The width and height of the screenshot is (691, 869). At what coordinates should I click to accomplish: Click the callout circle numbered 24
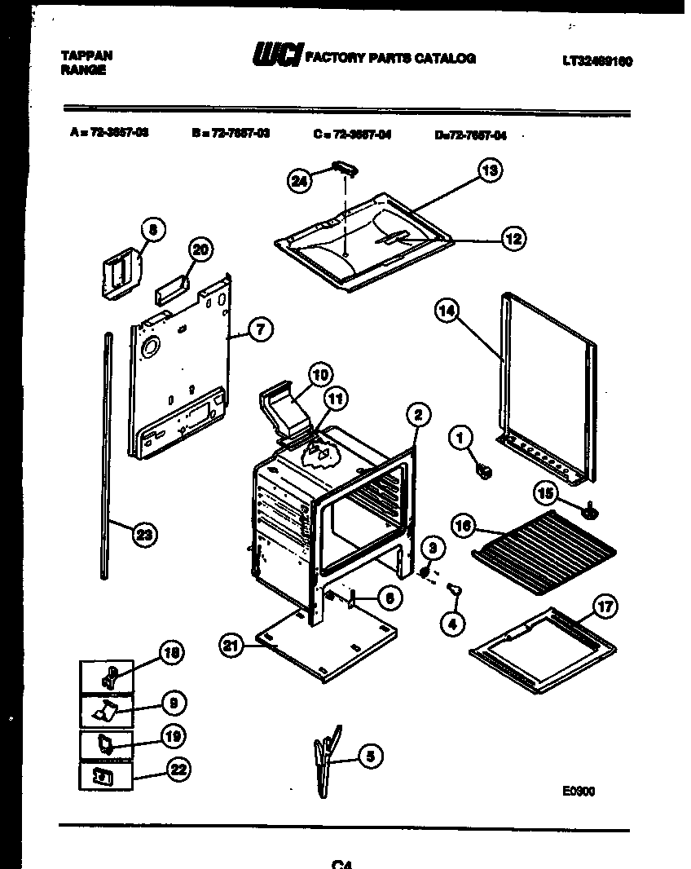point(301,181)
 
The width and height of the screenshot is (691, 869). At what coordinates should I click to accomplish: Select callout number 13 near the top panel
point(489,170)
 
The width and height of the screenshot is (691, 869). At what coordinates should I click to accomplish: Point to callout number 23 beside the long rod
point(144,535)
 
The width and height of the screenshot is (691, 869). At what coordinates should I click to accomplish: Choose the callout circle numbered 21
point(232,646)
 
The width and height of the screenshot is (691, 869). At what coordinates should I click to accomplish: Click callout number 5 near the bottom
point(369,757)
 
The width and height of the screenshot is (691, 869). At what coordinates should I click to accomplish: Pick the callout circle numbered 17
point(604,607)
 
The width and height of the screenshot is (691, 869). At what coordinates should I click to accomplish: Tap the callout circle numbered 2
point(416,415)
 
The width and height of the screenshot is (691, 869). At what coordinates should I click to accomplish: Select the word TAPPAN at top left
point(86,55)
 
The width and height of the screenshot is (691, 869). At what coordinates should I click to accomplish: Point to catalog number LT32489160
point(596,61)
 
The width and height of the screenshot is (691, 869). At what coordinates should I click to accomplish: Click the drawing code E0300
point(578,790)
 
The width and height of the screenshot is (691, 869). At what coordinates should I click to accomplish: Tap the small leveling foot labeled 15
point(588,510)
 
